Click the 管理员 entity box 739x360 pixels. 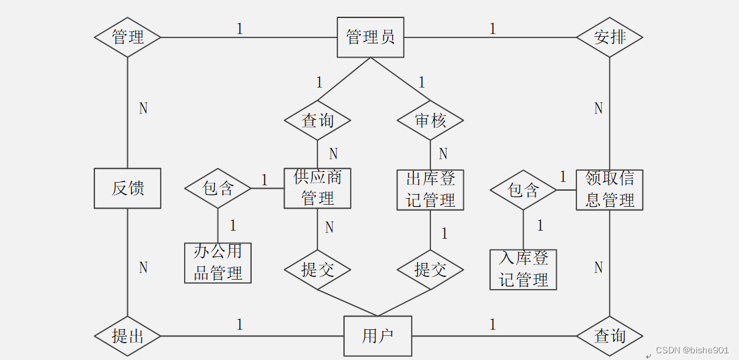tap(370, 37)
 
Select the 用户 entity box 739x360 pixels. tap(378, 336)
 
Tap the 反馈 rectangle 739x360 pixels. tap(127, 188)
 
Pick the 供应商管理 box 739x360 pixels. tap(317, 188)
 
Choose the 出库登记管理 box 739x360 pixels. tap(430, 189)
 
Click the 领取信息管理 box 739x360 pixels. tap(609, 189)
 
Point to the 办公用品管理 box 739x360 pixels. tap(218, 263)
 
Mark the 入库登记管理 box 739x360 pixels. tap(523, 269)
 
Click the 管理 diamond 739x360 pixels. tap(127, 37)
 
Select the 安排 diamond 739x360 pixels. tap(609, 37)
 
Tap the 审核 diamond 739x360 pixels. tap(430, 121)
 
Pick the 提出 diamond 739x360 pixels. tap(127, 335)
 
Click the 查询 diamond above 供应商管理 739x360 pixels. tap(317, 121)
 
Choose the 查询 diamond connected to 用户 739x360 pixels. tap(609, 335)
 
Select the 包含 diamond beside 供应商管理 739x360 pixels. tap(218, 189)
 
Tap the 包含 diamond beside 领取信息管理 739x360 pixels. tap(523, 191)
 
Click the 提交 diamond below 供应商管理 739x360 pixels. tap(317, 270)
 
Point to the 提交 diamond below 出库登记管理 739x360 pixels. tap(430, 270)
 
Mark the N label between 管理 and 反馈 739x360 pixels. tap(143, 108)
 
